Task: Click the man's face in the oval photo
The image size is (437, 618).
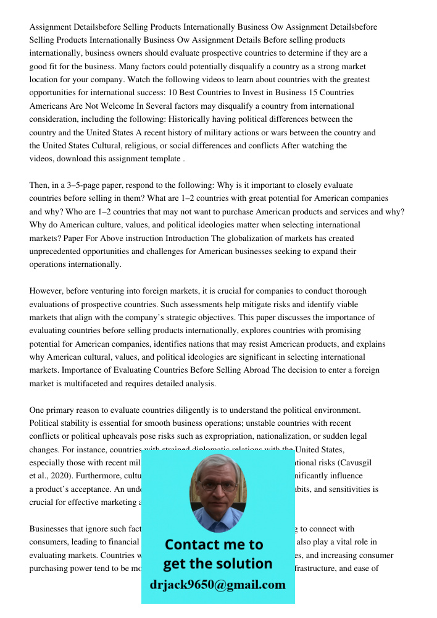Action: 218,485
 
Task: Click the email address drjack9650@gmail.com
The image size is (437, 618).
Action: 218,585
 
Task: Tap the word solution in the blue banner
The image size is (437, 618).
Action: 245,564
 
